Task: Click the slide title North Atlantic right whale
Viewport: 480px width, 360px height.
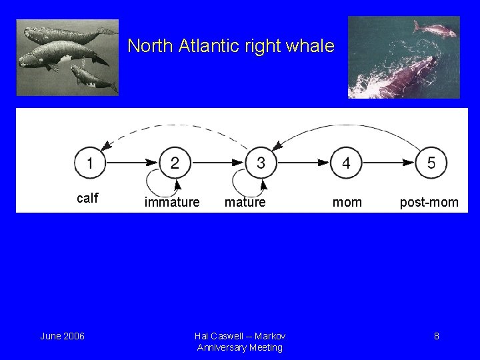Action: click(231, 47)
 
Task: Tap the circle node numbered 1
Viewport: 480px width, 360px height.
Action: click(89, 162)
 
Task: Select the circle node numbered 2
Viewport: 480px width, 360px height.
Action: click(175, 162)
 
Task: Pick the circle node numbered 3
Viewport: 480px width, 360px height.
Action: click(261, 162)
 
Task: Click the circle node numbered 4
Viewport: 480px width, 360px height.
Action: click(346, 162)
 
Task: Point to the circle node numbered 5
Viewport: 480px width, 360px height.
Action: click(431, 162)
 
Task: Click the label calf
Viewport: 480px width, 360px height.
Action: click(87, 198)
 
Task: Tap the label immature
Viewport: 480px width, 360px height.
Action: click(172, 202)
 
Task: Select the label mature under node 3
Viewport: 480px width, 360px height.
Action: click(245, 202)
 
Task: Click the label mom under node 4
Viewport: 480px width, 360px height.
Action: click(347, 202)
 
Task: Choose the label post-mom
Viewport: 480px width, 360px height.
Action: click(429, 202)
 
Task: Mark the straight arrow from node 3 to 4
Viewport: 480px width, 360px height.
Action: click(303, 162)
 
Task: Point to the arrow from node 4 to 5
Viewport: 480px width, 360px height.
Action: click(389, 162)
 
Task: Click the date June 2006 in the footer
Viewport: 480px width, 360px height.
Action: click(62, 336)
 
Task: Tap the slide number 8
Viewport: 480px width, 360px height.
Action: click(436, 336)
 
